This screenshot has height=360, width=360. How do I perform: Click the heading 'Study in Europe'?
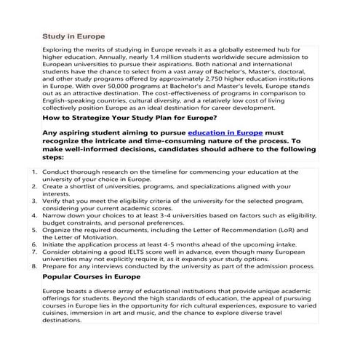point(74,36)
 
